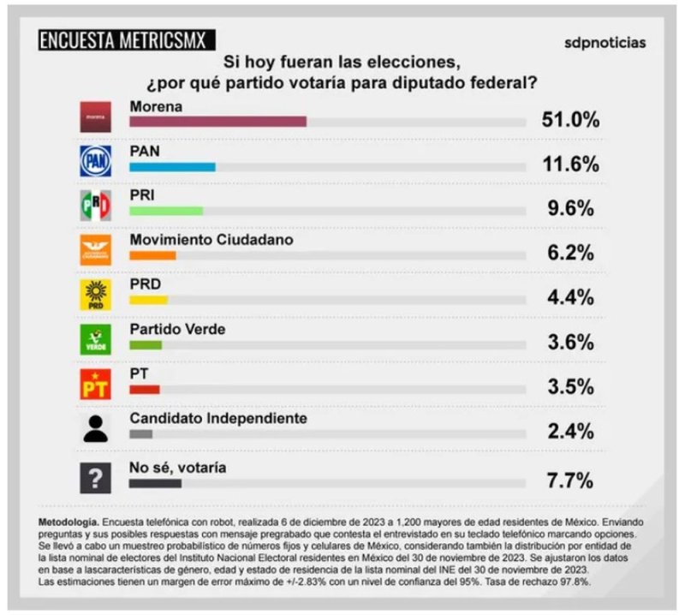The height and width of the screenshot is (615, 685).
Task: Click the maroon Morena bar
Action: point(217,122)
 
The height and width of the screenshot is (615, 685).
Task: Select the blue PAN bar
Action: point(171,167)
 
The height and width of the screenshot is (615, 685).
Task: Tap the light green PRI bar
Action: point(165,211)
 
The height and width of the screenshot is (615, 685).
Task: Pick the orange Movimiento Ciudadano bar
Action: point(152,255)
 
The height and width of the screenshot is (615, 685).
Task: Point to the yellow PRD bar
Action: point(148,300)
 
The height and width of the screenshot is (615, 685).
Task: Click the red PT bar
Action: point(144,389)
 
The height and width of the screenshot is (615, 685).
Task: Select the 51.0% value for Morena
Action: point(569,119)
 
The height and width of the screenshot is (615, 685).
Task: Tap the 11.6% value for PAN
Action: point(569,164)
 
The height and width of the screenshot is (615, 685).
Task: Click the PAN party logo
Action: point(95,161)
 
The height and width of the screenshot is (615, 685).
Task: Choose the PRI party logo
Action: point(95,206)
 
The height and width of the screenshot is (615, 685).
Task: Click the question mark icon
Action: point(95,478)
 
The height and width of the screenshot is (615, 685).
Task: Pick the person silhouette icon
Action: point(95,428)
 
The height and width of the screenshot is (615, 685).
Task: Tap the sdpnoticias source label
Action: point(605,42)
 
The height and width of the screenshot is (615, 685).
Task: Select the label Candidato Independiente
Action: point(217,418)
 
